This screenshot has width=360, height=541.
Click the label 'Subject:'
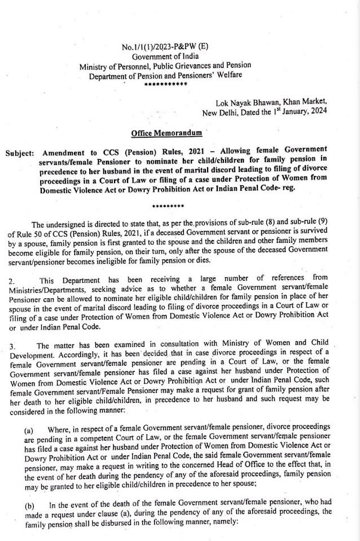pos(20,154)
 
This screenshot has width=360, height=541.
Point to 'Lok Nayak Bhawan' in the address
pos(246,103)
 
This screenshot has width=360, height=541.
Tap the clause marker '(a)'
pos(29,430)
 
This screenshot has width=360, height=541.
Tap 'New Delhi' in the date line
pos(220,112)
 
